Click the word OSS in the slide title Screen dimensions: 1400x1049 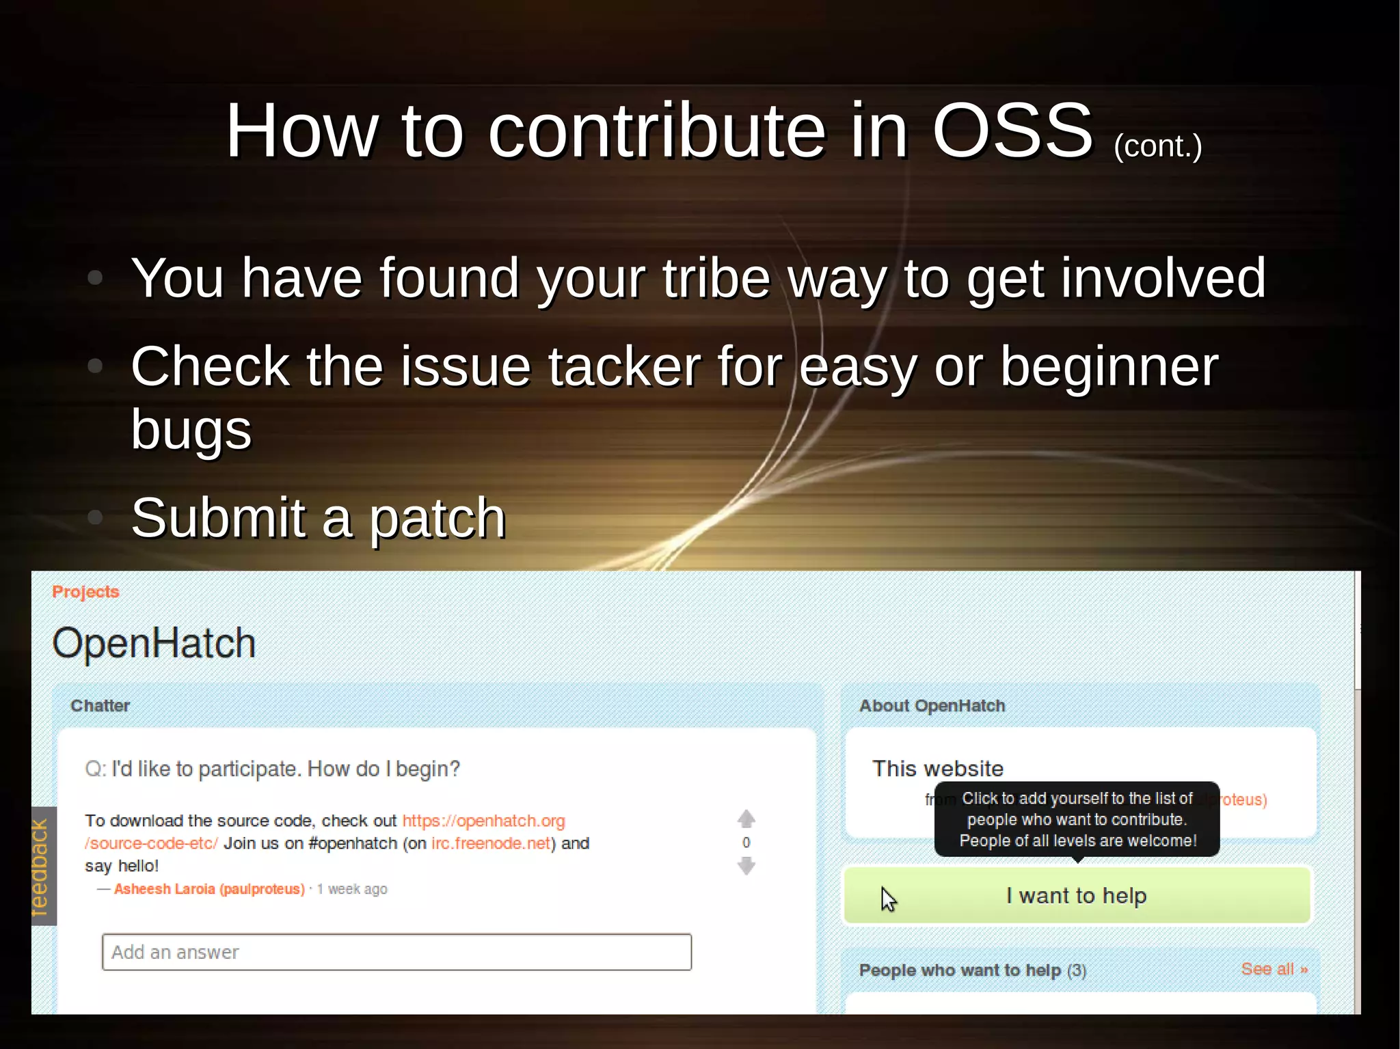pyautogui.click(x=1012, y=131)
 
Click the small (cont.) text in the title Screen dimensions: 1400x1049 pyautogui.click(x=1157, y=146)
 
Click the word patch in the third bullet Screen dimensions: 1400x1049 pyautogui.click(x=437, y=518)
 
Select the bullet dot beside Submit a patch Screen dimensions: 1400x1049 pyautogui.click(x=96, y=517)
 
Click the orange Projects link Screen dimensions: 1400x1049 pyautogui.click(x=85, y=592)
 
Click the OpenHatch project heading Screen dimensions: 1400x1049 pyautogui.click(x=154, y=643)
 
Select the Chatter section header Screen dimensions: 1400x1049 pyautogui.click(x=100, y=706)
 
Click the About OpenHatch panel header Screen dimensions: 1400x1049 pyautogui.click(x=932, y=706)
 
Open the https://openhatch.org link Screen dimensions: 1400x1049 pyautogui.click(x=483, y=821)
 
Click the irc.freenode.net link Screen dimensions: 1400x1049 pyautogui.click(x=491, y=843)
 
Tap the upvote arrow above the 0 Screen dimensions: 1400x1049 pyautogui.click(x=746, y=819)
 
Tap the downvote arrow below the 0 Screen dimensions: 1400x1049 pyautogui.click(x=746, y=867)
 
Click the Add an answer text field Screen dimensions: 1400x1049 pyautogui.click(x=396, y=952)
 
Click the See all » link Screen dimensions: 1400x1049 pyautogui.click(x=1274, y=969)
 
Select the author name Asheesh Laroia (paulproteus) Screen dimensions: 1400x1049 pyautogui.click(x=209, y=889)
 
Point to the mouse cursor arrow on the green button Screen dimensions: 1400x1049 pyautogui.click(x=887, y=898)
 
